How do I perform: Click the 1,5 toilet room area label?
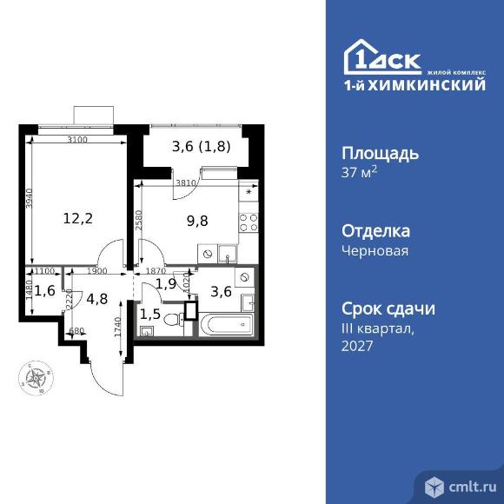[x=149, y=313]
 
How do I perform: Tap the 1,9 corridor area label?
[x=166, y=283]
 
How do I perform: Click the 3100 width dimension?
[x=77, y=140]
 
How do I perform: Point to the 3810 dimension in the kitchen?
[x=185, y=184]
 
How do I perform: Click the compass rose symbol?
[x=36, y=378]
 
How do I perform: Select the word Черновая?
[x=375, y=251]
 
